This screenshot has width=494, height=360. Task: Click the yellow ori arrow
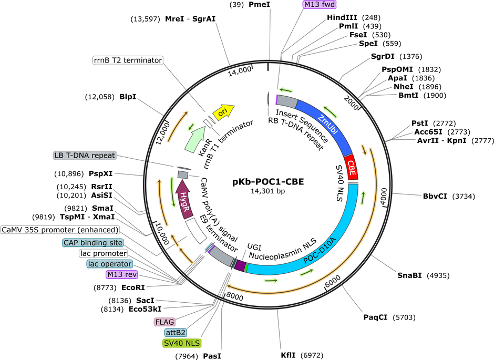tap(223, 112)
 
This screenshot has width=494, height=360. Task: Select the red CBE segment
tap(351, 168)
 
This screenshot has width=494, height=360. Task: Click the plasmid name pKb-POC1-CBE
tap(268, 182)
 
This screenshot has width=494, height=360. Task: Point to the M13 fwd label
tap(320, 4)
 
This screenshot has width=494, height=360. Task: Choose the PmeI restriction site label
tap(259, 4)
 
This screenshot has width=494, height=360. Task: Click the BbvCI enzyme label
tap(435, 196)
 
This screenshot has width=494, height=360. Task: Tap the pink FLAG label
tap(164, 322)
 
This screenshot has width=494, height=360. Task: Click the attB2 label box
tap(176, 333)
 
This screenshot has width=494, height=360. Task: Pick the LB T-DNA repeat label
tap(85, 155)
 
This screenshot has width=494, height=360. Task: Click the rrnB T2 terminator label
tap(128, 60)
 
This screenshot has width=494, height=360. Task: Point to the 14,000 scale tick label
tap(240, 71)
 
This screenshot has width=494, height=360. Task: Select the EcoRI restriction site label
tap(133, 287)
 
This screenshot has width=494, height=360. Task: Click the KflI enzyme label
tap(289, 355)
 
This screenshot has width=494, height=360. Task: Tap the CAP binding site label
tap(93, 243)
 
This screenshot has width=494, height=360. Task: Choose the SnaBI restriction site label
tap(409, 275)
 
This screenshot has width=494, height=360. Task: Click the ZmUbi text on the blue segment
tap(327, 125)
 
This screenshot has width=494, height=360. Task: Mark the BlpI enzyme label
tap(128, 97)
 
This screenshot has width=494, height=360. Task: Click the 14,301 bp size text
tap(268, 191)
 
